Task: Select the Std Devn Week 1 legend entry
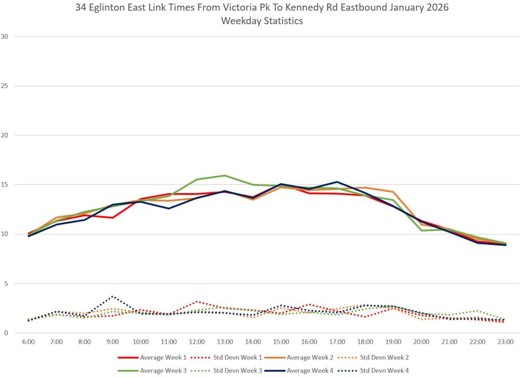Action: coord(233,358)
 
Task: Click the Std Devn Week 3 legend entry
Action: coord(233,370)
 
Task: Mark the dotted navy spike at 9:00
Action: coord(113,296)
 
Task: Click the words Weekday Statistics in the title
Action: coord(261,21)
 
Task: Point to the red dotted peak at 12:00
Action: coord(197,301)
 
